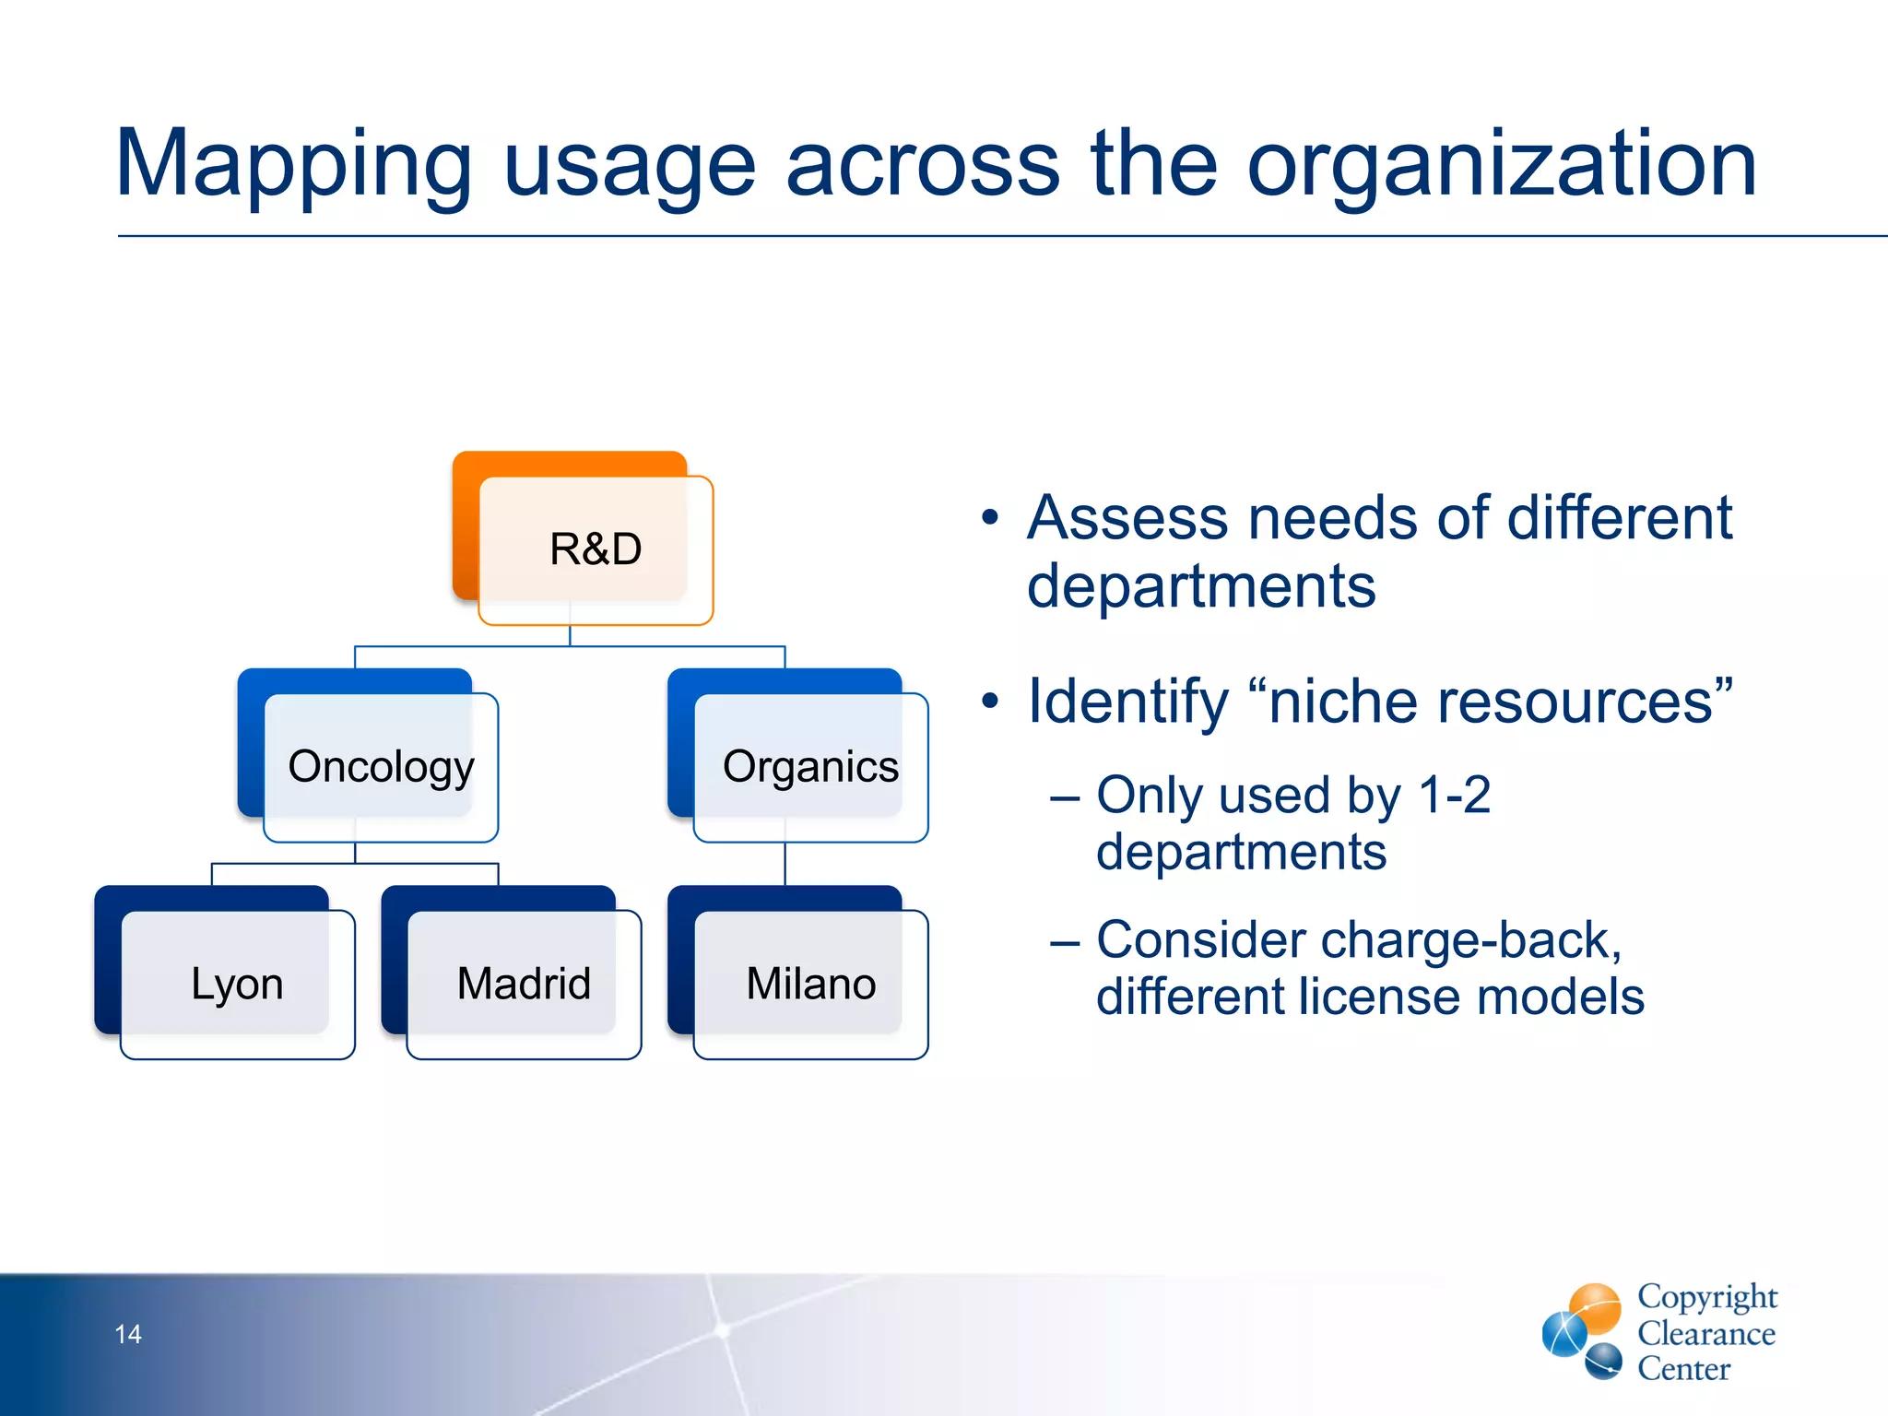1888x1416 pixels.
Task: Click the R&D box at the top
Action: click(595, 549)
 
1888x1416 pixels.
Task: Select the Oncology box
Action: click(381, 766)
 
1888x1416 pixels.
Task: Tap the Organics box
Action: click(810, 766)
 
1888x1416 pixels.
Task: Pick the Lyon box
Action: click(237, 984)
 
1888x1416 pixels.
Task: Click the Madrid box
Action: click(524, 984)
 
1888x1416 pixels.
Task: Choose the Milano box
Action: click(810, 984)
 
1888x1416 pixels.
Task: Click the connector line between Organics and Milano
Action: click(785, 865)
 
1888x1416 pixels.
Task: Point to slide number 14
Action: click(128, 1334)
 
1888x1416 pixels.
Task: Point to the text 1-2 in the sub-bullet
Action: click(1454, 795)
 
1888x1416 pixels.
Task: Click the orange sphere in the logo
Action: click(1595, 1307)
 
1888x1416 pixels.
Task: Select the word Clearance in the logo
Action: click(1706, 1334)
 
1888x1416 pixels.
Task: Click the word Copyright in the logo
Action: click(1707, 1296)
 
